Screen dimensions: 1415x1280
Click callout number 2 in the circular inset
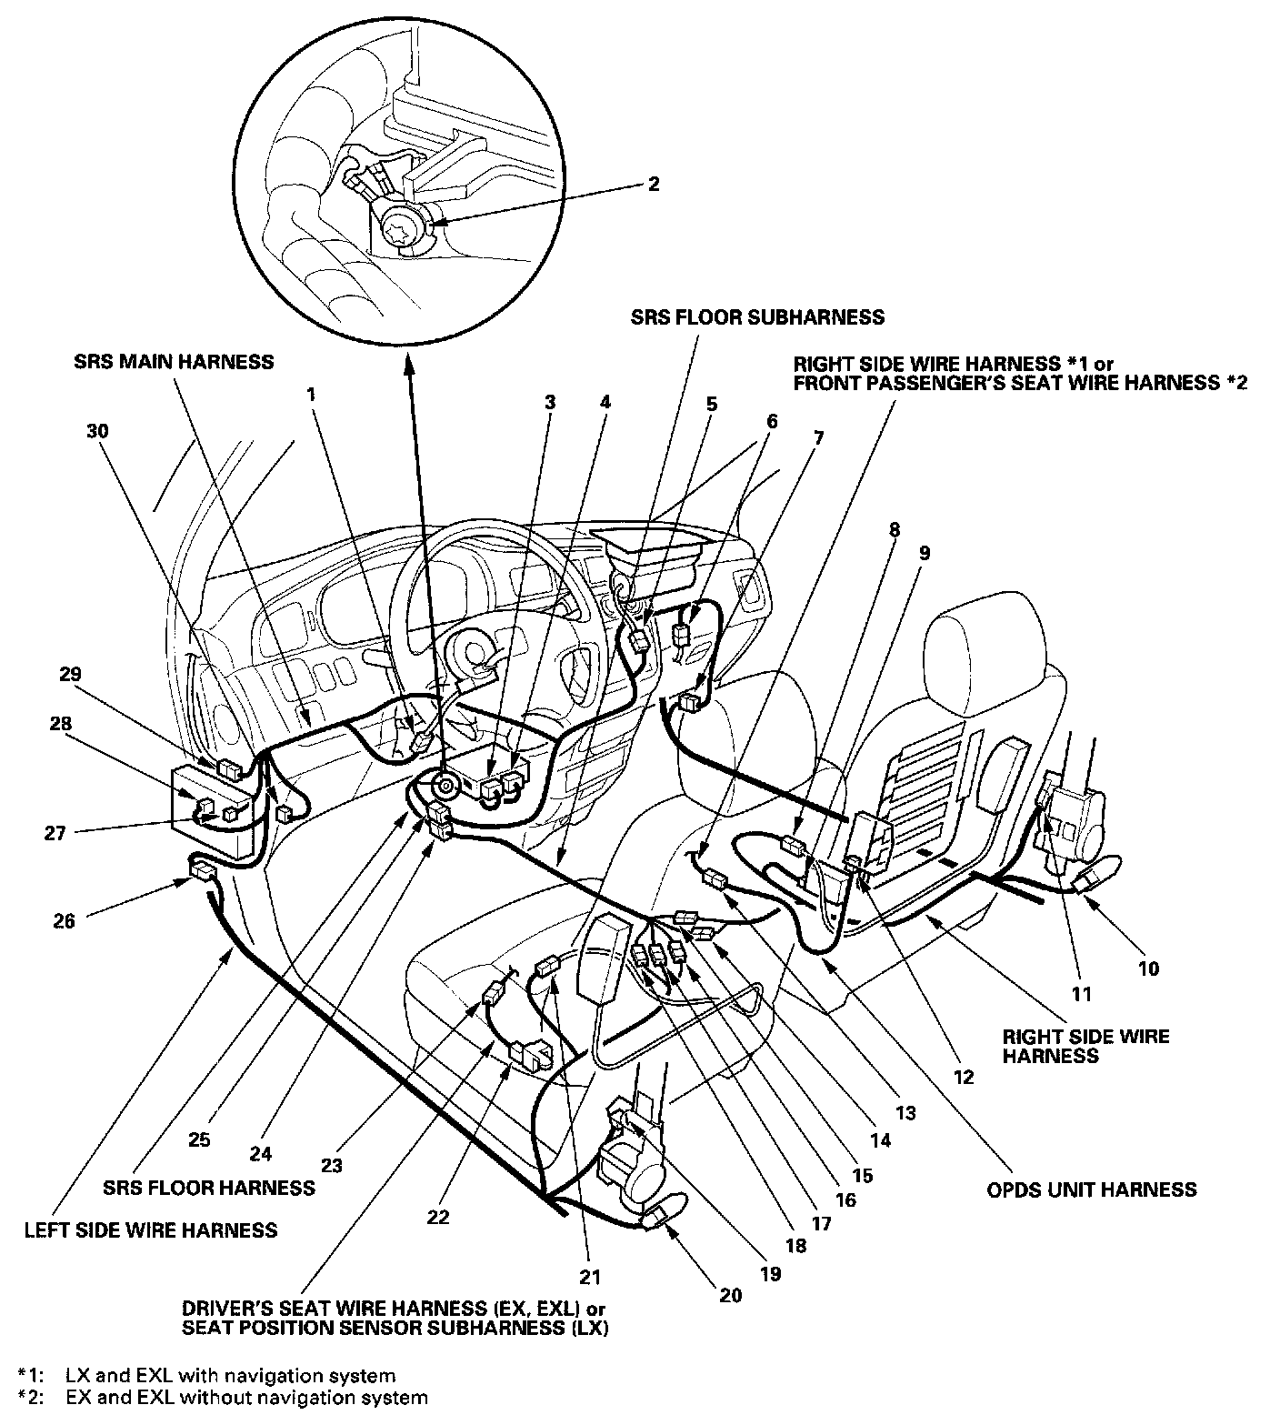click(653, 184)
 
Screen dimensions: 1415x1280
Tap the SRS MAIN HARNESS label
click(174, 362)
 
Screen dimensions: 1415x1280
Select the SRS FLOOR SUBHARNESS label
click(758, 317)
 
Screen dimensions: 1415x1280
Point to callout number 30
click(97, 431)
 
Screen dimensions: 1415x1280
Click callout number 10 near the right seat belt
click(1149, 968)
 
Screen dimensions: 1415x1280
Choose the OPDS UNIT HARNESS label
click(1091, 1189)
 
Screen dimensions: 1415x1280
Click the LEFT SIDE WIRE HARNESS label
click(151, 1230)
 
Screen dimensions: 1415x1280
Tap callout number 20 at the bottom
click(731, 1295)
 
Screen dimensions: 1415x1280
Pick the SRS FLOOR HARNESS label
click(209, 1188)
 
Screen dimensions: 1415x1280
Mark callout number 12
click(963, 1077)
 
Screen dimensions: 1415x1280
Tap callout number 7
click(818, 437)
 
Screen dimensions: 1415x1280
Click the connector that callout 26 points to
click(201, 871)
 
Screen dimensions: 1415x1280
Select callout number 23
click(331, 1164)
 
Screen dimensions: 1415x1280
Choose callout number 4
click(605, 401)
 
